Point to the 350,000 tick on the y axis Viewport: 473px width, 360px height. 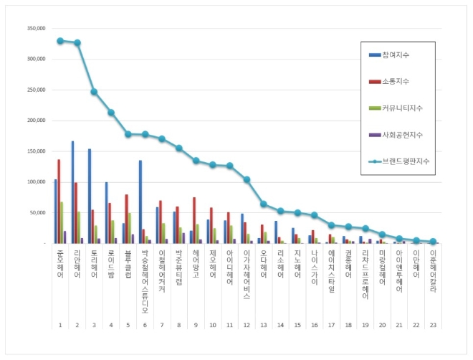pyautogui.click(x=36, y=29)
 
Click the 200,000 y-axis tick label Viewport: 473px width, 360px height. pyautogui.click(x=36, y=120)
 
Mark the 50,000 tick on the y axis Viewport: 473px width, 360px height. pyautogui.click(x=37, y=213)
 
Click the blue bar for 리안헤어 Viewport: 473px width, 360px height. pyautogui.click(x=73, y=192)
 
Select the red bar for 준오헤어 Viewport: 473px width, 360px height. pyautogui.click(x=59, y=202)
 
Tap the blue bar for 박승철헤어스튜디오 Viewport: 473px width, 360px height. pyautogui.click(x=140, y=202)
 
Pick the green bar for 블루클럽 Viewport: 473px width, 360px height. pyautogui.click(x=129, y=228)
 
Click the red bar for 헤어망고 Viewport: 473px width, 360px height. pyautogui.click(x=194, y=220)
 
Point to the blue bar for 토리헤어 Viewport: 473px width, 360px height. pyautogui.click(x=90, y=196)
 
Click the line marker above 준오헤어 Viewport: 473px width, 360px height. pyautogui.click(x=60, y=41)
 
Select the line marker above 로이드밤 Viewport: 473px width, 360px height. pyautogui.click(x=111, y=113)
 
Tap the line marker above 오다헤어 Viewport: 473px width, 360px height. pyautogui.click(x=264, y=204)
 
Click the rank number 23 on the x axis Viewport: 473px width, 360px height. pyautogui.click(x=433, y=325)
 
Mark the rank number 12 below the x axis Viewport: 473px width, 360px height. pyautogui.click(x=247, y=325)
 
